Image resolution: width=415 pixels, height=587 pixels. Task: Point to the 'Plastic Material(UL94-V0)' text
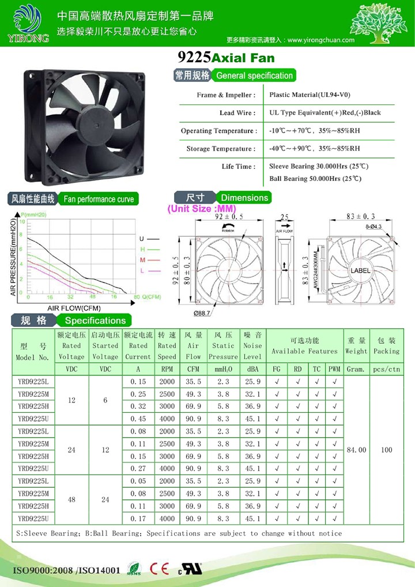pyautogui.click(x=310, y=95)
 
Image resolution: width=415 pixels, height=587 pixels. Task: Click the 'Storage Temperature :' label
pyautogui.click(x=221, y=149)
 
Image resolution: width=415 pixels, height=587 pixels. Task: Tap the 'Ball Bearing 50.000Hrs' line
pyautogui.click(x=315, y=179)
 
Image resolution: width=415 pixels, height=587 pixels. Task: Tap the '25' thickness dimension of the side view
pyautogui.click(x=284, y=218)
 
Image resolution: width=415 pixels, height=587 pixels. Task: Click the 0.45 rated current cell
pyautogui.click(x=138, y=419)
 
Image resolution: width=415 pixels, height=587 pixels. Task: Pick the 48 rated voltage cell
pyautogui.click(x=71, y=500)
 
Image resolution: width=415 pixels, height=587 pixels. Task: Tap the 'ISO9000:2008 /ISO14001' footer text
pyautogui.click(x=66, y=570)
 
